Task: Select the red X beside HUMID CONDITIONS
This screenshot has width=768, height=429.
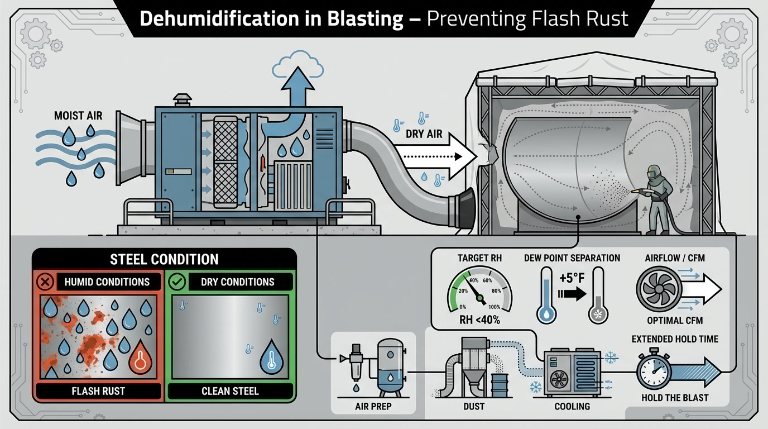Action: pyautogui.click(x=45, y=282)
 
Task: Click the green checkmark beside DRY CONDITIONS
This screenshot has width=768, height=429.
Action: pyautogui.click(x=178, y=282)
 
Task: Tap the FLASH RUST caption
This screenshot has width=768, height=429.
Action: pyautogui.click(x=98, y=390)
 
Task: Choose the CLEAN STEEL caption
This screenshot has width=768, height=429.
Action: pyautogui.click(x=230, y=390)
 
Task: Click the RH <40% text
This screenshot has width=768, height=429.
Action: pyautogui.click(x=478, y=321)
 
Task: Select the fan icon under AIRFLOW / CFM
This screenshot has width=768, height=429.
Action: pyautogui.click(x=659, y=289)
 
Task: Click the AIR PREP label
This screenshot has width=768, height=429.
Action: pyautogui.click(x=373, y=406)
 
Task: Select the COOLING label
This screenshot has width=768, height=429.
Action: pyautogui.click(x=572, y=406)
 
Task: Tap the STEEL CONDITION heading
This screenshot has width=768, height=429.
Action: pyautogui.click(x=164, y=259)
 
